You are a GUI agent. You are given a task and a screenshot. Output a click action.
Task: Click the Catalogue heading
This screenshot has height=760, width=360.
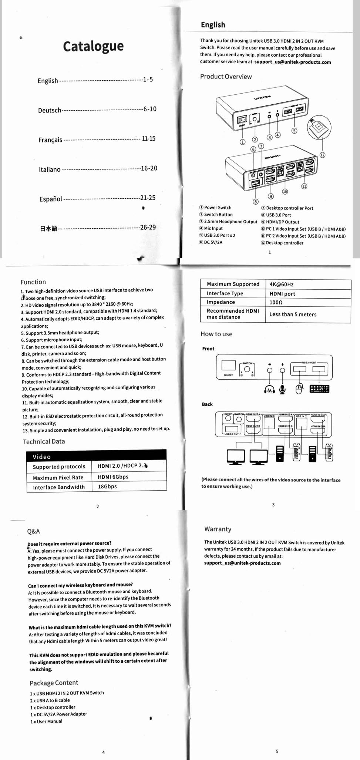tap(93, 46)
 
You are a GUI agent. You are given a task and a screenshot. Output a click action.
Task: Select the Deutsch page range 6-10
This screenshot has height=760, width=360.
tap(150, 109)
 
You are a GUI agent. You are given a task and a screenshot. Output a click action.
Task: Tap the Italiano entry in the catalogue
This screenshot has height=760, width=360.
tap(50, 169)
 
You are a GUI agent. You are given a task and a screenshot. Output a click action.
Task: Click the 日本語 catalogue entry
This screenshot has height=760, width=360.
tap(48, 228)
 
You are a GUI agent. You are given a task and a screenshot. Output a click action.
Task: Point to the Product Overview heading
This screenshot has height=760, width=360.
tap(226, 77)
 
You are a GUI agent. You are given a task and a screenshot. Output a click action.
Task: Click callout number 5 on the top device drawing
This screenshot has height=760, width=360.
tap(294, 130)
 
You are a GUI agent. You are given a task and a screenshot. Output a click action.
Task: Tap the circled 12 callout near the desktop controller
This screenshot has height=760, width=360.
tap(322, 155)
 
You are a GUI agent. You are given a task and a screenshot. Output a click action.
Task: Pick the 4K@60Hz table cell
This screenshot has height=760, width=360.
tap(282, 284)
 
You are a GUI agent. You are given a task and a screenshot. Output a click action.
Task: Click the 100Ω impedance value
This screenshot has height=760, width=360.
tap(276, 302)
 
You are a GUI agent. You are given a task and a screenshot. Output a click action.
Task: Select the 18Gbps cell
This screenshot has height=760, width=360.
tap(107, 487)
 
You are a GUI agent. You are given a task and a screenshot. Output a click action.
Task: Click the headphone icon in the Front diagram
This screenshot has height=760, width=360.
tap(269, 389)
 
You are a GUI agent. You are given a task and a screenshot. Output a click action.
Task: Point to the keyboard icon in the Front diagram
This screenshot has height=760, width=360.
tap(319, 389)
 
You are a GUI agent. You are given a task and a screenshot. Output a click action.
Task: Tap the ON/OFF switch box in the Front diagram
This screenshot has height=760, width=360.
tap(228, 366)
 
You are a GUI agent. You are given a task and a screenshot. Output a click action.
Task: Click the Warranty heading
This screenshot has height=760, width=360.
tap(218, 529)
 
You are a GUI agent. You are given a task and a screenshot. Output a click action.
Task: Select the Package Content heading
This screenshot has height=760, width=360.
tap(54, 683)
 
